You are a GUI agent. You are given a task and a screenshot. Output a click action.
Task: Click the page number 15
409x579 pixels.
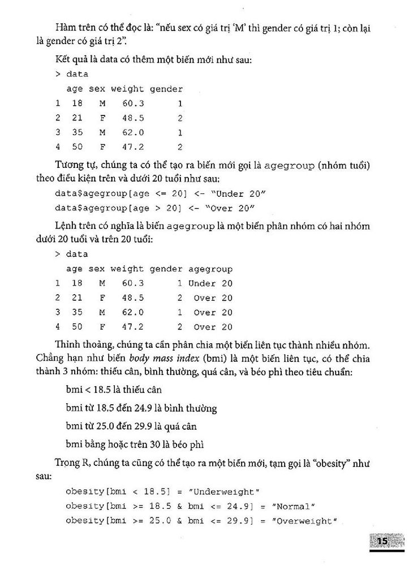tap(381, 541)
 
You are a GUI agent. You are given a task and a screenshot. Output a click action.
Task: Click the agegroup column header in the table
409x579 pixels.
tap(210, 269)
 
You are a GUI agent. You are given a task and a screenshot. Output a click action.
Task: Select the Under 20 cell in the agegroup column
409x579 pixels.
tap(210, 283)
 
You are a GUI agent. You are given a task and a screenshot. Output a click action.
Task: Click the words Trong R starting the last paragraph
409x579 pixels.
tap(72, 463)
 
